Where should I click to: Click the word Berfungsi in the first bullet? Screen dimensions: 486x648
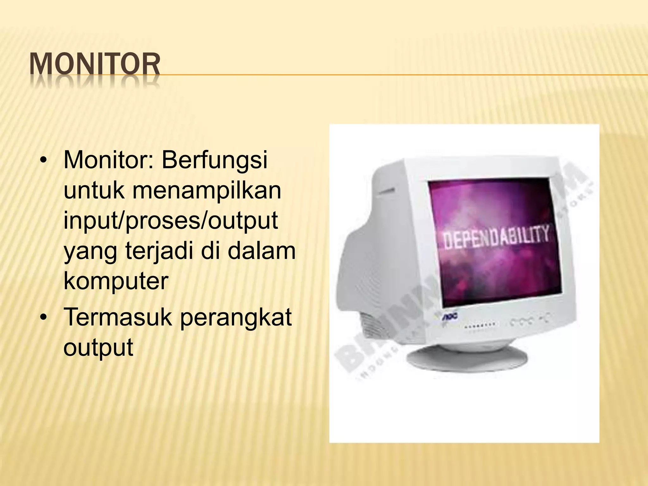pyautogui.click(x=215, y=160)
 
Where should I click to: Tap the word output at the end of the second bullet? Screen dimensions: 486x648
pyautogui.click(x=98, y=348)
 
